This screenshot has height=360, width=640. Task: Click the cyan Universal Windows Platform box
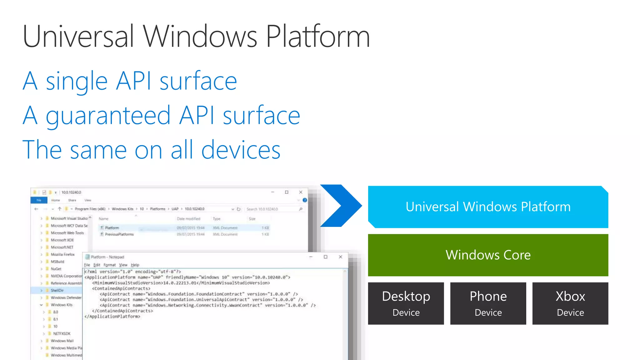488,207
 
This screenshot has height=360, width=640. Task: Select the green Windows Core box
488,255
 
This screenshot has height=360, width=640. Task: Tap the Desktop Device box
406,303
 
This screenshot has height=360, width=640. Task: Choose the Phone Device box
488,303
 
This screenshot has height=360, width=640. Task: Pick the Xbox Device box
570,303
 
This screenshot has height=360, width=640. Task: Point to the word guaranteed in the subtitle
108,116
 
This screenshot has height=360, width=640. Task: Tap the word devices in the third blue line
241,150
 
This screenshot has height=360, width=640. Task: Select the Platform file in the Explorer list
112,228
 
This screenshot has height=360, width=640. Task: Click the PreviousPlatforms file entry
119,234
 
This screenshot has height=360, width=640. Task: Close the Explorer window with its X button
301,192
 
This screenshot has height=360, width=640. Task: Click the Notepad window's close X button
340,257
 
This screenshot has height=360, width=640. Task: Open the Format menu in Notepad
109,265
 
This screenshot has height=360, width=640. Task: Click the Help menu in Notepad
135,265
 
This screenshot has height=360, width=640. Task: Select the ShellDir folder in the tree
57,290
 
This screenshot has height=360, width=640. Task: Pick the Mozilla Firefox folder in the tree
62,254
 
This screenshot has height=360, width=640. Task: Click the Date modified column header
188,219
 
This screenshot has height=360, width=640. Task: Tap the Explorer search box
272,209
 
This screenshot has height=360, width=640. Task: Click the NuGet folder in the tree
56,269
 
